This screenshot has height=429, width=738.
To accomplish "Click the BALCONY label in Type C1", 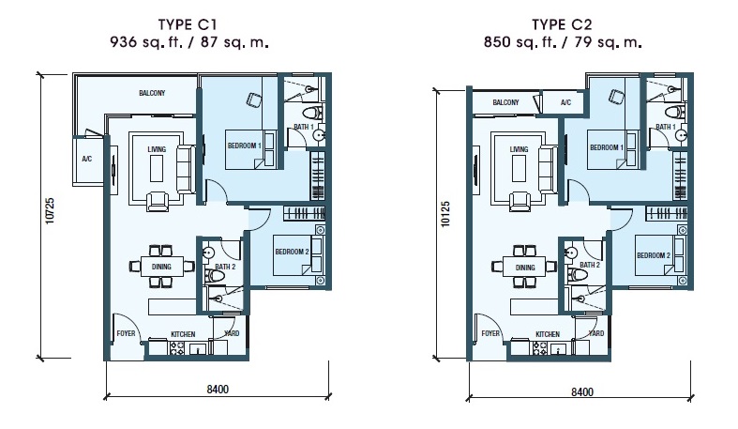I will pos(152,93).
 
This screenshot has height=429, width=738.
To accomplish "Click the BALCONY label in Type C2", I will pos(506,102).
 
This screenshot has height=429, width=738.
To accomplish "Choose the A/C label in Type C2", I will pos(565,102).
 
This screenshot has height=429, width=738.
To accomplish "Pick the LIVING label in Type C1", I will pos(157,147).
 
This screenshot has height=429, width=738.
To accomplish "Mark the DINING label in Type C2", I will pos(524,268).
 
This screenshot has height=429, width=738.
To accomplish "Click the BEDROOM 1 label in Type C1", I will pos(244,146).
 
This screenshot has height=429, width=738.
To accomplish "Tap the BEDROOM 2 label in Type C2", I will pos(653,255).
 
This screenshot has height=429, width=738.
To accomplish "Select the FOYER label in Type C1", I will pos(126,333).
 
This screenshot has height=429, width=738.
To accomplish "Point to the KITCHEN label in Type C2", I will pos(548,334).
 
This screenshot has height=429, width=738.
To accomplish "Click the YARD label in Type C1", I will pos(229,333).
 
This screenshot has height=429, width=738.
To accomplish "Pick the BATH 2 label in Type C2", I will pos(590,266).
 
